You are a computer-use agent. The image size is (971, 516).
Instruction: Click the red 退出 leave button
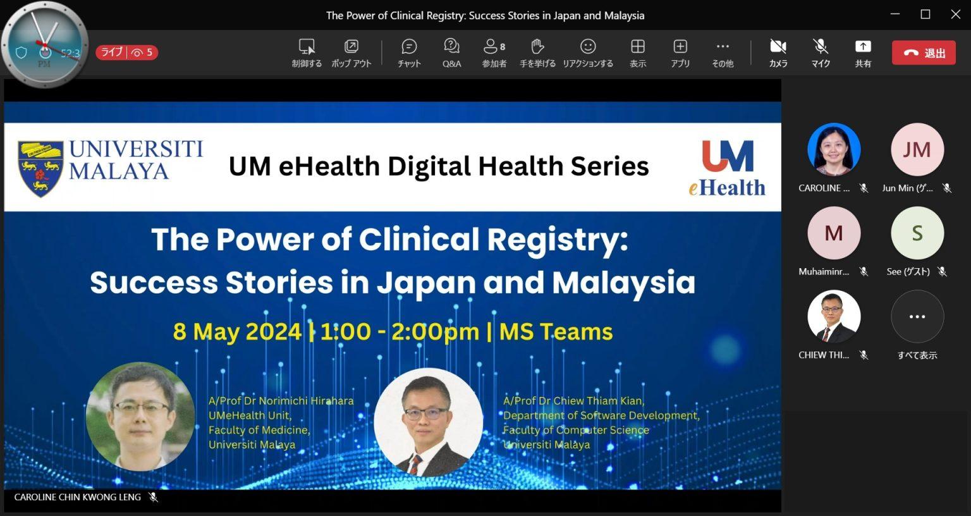coord(924,53)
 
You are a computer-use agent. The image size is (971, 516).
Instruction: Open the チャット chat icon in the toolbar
coord(409,46)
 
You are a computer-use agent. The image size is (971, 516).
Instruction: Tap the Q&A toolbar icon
coord(452,46)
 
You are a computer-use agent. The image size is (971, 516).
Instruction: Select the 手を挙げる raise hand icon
coord(537,46)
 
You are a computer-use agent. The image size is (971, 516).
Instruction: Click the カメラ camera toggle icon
coord(778,46)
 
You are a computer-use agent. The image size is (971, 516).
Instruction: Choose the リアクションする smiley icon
coord(588,46)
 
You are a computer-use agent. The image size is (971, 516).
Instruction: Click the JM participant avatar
coord(917,150)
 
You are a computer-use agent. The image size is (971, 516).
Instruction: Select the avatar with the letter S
coord(917,233)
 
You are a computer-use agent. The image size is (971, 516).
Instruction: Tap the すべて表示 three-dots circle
coord(917,317)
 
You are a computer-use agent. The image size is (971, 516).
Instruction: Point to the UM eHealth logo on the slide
coord(728,168)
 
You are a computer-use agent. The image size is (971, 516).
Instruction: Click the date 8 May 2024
coord(236,332)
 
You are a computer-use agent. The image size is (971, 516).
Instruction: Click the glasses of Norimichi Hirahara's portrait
coord(141,407)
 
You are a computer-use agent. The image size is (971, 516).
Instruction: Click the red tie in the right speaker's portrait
coord(415,464)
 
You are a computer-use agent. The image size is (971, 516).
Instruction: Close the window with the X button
coord(955,15)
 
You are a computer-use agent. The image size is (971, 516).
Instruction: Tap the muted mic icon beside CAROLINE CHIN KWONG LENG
coord(153,497)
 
